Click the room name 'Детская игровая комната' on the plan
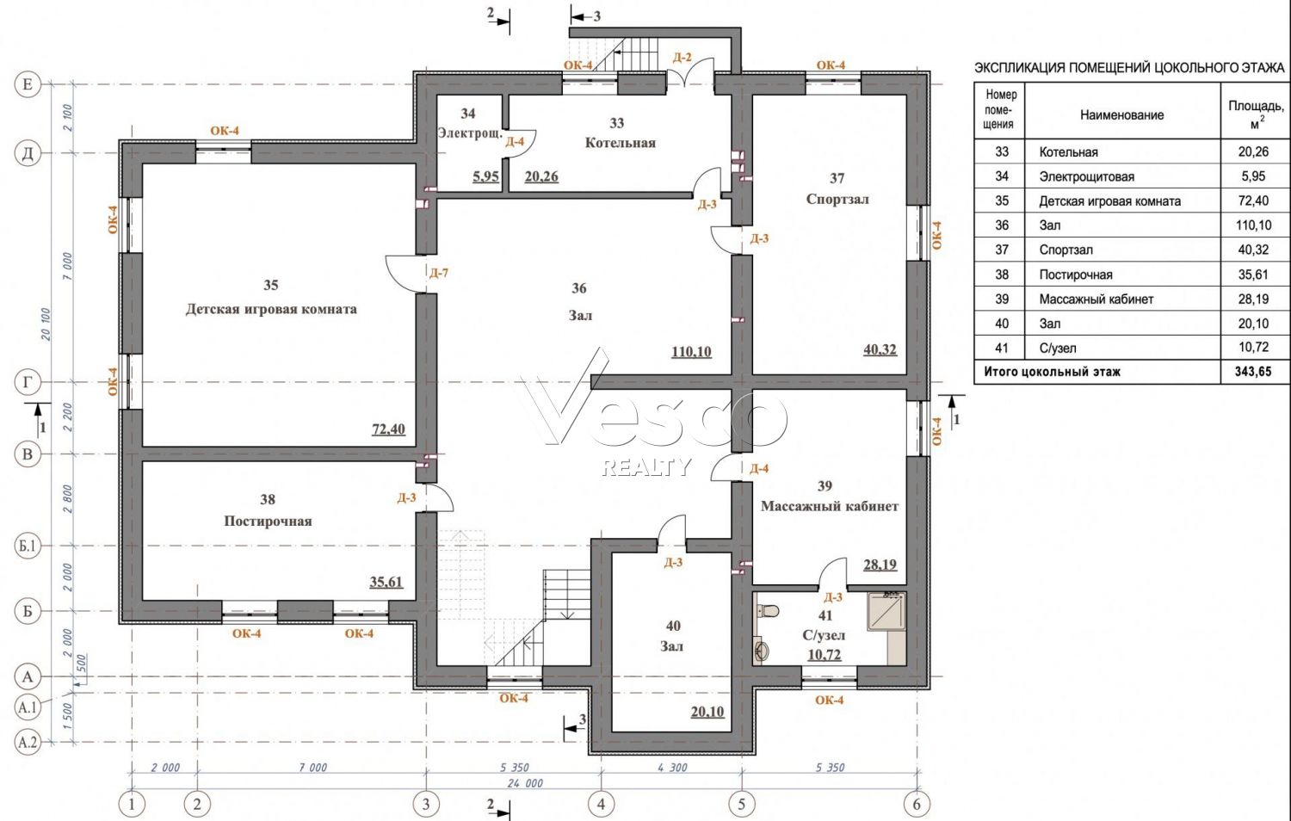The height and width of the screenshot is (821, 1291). pos(271,310)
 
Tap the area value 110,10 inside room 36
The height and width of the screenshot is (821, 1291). pos(692,351)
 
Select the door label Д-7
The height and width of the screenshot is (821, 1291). pos(439,273)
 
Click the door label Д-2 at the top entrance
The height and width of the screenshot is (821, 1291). pos(682,58)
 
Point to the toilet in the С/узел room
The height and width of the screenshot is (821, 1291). pos(767,610)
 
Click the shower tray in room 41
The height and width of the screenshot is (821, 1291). pos(886,611)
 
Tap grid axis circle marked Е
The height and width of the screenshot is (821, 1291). pos(28,84)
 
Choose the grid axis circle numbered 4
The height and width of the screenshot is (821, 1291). pos(601,804)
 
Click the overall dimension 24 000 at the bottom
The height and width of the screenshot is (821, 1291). pos(524,783)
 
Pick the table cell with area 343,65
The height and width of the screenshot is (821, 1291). pos(1253,372)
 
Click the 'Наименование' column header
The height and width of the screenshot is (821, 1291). pos(1121,115)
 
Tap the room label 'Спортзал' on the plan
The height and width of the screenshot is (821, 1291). pos(837,200)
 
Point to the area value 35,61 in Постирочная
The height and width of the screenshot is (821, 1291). pos(386,582)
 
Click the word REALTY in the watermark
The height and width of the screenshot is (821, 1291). pos(646,467)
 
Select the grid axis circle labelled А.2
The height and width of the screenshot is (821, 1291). pos(28,742)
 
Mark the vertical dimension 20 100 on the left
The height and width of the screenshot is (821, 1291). pos(46,324)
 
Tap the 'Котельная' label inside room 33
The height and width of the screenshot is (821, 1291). pos(621,143)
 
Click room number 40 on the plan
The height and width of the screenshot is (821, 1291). pos(673,626)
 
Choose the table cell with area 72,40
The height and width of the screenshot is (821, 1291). pos(1253,201)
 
